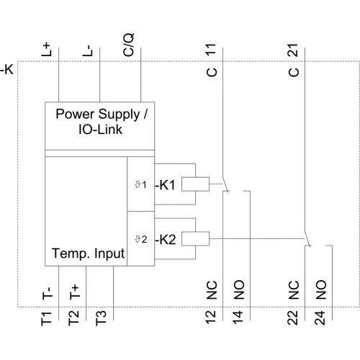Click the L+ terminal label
[47, 50]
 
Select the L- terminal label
[87, 50]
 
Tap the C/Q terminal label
[128, 45]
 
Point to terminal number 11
[211, 50]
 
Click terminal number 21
[293, 50]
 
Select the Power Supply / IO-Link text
[102, 122]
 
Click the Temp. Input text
[89, 253]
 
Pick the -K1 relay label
[165, 185]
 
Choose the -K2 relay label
[166, 239]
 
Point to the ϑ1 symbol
[140, 185]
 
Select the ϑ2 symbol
[141, 239]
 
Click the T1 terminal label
[47, 318]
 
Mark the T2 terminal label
[73, 318]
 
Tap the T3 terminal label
[101, 318]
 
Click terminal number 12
[211, 318]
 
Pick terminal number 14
[238, 318]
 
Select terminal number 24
[320, 318]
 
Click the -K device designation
[6, 70]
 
